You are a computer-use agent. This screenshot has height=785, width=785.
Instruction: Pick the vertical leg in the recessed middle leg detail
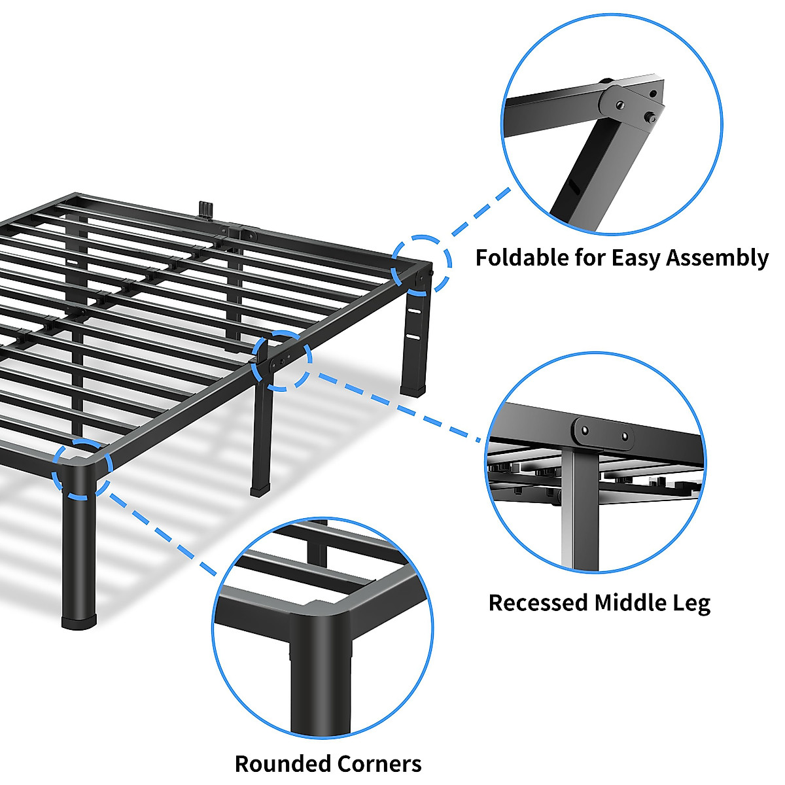point(579,510)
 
